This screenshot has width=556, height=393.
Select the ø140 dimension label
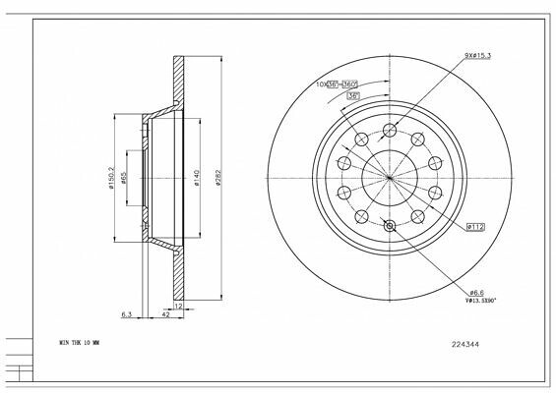click(199, 178)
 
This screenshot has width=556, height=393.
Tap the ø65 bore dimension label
click(124, 179)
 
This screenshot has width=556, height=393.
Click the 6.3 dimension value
click(125, 315)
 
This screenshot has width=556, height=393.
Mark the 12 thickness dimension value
click(177, 307)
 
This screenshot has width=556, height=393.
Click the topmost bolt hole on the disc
click(391, 132)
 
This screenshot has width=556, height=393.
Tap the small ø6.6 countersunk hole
click(391, 226)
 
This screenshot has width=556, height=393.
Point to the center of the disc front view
click(391, 179)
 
